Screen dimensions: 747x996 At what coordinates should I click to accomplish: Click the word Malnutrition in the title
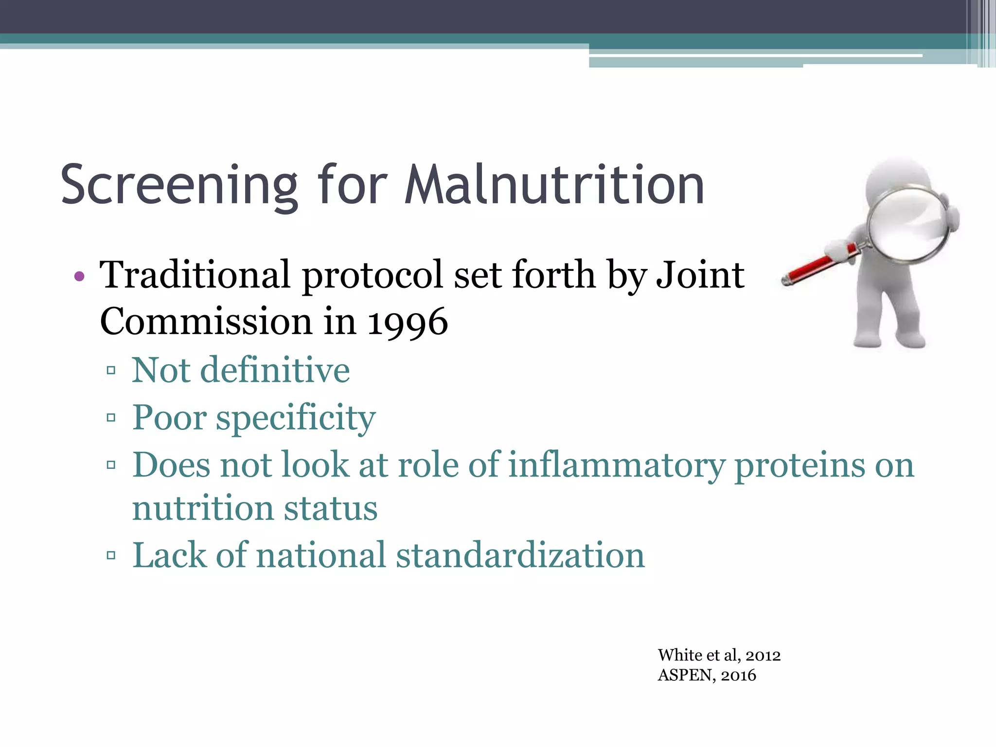554,185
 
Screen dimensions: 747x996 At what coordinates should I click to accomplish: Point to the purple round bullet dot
79,277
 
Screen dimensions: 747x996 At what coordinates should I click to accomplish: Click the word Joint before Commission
700,275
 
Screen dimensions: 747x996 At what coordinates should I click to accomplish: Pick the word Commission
206,322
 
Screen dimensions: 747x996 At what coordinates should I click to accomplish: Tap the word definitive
275,371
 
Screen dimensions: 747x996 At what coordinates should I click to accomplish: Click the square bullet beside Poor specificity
111,418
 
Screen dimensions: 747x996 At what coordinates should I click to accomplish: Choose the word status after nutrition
331,509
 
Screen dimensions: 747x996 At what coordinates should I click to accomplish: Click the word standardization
520,555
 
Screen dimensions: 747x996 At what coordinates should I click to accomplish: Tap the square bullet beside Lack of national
111,555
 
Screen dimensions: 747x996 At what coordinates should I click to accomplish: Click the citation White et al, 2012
719,656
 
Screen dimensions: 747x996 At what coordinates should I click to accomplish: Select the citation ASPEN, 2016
707,676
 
